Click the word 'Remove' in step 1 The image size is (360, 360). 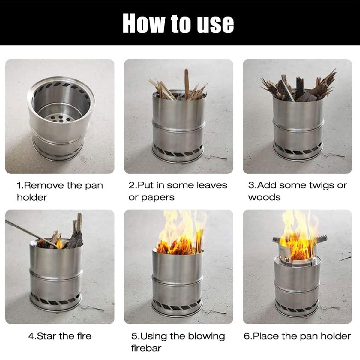44,186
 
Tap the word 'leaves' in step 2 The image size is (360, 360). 212,185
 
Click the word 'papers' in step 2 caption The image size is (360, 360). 158,198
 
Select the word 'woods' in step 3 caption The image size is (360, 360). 264,197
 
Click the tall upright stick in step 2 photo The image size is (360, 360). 186,84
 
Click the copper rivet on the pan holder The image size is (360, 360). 288,259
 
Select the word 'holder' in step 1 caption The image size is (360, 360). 32,197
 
